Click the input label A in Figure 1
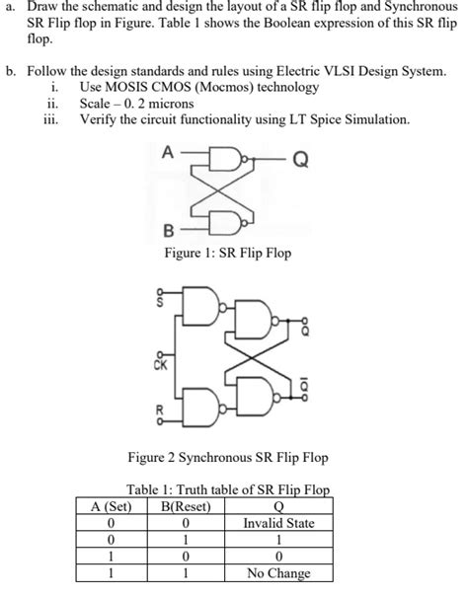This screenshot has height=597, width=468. click(x=168, y=152)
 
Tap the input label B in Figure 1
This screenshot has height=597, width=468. click(x=168, y=231)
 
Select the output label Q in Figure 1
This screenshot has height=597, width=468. click(x=300, y=160)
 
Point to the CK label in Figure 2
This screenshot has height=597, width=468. click(x=161, y=365)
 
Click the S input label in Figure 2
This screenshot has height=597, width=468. click(x=160, y=303)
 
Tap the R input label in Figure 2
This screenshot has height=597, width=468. click(x=160, y=410)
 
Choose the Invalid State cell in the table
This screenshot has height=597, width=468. click(x=279, y=523)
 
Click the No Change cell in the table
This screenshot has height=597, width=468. click(x=278, y=573)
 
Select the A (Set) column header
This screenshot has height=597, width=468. click(x=111, y=506)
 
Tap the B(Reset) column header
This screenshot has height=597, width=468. click(x=186, y=506)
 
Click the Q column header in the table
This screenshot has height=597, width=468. click(x=279, y=507)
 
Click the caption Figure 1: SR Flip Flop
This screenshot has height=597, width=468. click(x=227, y=253)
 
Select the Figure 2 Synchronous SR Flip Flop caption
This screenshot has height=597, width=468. click(x=228, y=457)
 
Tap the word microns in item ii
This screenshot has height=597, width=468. click(x=171, y=104)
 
